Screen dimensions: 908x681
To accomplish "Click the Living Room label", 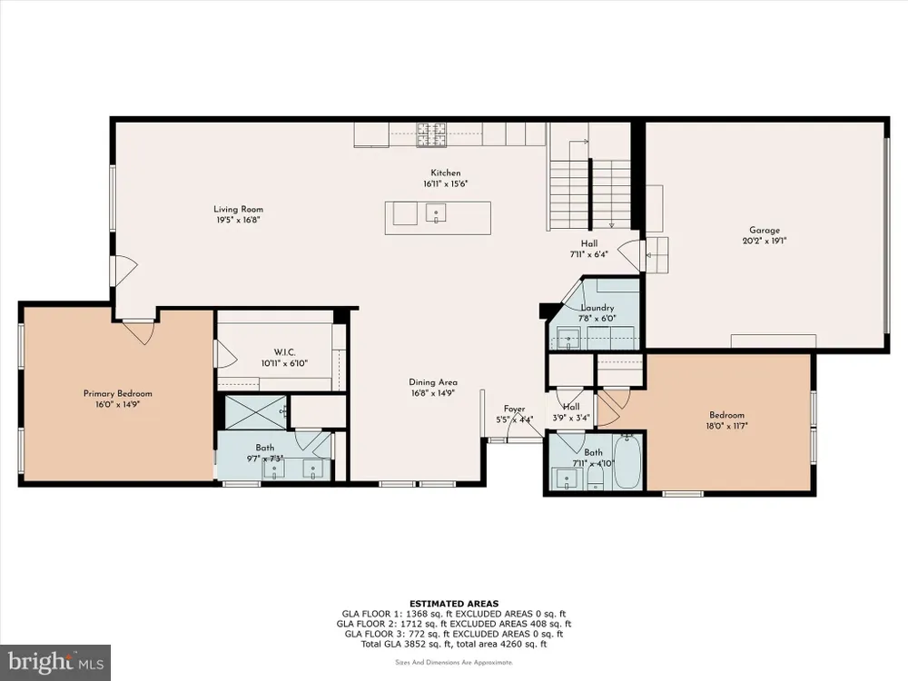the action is [x=239, y=210].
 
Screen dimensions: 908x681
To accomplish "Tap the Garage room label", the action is [x=765, y=230].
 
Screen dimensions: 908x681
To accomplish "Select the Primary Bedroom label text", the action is [x=117, y=394].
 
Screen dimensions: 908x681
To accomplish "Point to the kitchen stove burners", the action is [x=432, y=134].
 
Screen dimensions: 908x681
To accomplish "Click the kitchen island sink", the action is [x=436, y=212].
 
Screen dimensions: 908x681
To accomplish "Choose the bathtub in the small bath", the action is [x=627, y=462].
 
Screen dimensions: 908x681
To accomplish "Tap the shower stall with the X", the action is [x=255, y=412].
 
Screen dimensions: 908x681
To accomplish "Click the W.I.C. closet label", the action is [x=284, y=352].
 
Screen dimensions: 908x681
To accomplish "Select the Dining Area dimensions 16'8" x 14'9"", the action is [x=432, y=392].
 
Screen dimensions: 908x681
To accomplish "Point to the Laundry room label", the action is [x=597, y=308].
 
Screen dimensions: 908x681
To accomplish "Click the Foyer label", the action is [x=514, y=409].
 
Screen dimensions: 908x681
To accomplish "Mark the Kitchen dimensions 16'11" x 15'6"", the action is [x=445, y=183].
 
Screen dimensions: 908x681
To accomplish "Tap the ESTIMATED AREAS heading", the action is [x=454, y=604].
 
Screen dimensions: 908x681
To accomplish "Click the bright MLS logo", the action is [x=55, y=663].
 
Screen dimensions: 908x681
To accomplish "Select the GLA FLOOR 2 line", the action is [x=454, y=624].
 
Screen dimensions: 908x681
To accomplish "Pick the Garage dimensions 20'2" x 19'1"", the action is [x=765, y=241].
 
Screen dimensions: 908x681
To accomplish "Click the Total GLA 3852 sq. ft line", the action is [x=454, y=644].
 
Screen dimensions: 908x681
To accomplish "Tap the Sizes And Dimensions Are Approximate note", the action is [x=454, y=663].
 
